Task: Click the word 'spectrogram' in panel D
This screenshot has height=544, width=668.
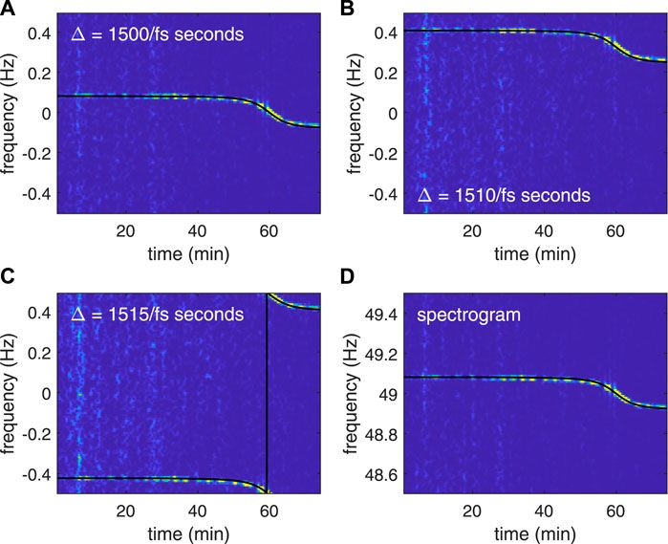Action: click(461, 313)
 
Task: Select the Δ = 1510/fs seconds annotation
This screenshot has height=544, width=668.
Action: click(503, 196)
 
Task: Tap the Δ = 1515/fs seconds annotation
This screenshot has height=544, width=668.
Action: click(157, 314)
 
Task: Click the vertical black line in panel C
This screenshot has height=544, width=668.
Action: click(267, 402)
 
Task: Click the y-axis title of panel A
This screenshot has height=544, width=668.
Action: click(11, 113)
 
